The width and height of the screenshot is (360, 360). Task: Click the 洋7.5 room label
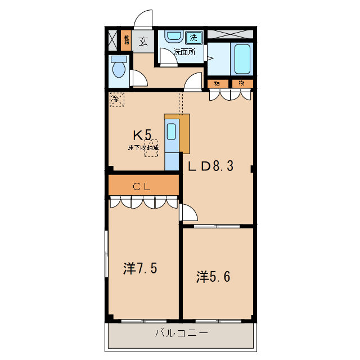tap(140, 268)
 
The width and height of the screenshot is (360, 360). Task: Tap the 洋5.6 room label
tap(213, 276)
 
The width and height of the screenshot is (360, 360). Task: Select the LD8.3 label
tap(210, 166)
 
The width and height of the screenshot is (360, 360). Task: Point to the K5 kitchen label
tap(142, 135)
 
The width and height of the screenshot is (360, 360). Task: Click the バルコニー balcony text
tap(181, 333)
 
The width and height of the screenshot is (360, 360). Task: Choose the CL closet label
tap(142, 186)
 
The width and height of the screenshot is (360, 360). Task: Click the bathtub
tap(242, 58)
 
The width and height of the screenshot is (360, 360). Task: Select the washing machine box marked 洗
tap(193, 38)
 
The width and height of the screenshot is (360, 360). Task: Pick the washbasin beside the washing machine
tap(173, 37)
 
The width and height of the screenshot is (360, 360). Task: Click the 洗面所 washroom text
tap(184, 52)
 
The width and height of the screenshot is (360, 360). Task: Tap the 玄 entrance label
tap(143, 40)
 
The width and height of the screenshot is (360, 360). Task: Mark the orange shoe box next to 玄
tap(127, 40)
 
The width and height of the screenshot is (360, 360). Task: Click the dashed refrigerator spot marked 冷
tap(116, 100)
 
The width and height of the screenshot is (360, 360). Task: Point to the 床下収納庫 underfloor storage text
tap(143, 147)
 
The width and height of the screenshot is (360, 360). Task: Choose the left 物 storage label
tap(217, 83)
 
